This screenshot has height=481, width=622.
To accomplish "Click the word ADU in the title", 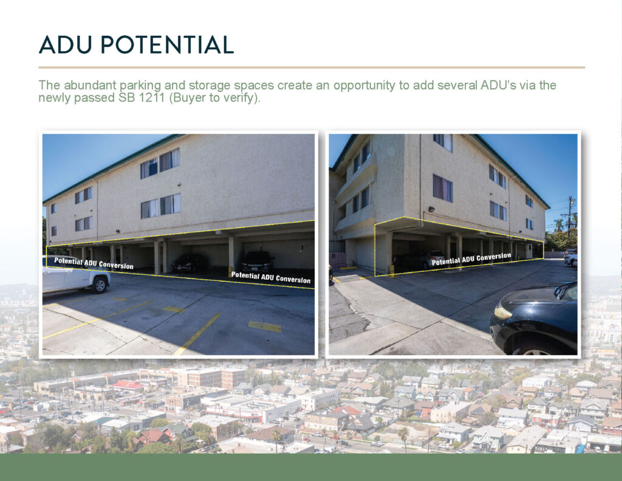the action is pyautogui.click(x=67, y=44).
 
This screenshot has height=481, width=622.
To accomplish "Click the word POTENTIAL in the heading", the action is pyautogui.click(x=167, y=44).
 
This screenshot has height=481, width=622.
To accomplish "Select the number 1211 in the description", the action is pyautogui.click(x=151, y=97).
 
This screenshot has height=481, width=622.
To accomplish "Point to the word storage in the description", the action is pyautogui.click(x=210, y=86).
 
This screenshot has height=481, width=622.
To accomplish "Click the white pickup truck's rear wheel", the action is pyautogui.click(x=100, y=285).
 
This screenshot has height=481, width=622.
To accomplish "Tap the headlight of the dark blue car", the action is pyautogui.click(x=502, y=313).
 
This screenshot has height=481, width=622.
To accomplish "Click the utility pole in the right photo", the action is pyautogui.click(x=570, y=216).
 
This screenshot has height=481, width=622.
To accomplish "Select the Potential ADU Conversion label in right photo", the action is pyautogui.click(x=471, y=259).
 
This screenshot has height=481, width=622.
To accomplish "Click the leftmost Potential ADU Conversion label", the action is pyautogui.click(x=94, y=263).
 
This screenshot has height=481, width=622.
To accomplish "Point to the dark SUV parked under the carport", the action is pyautogui.click(x=258, y=261).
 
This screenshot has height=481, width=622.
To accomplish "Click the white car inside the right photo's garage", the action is pyautogui.click(x=434, y=258).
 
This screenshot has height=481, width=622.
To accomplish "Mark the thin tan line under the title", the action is pyautogui.click(x=312, y=67).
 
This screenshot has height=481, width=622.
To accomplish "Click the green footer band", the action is pyautogui.click(x=311, y=467).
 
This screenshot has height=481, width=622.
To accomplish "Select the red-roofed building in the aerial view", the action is pyautogui.click(x=128, y=386).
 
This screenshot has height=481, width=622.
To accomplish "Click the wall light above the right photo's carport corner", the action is pyautogui.click(x=431, y=209).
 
